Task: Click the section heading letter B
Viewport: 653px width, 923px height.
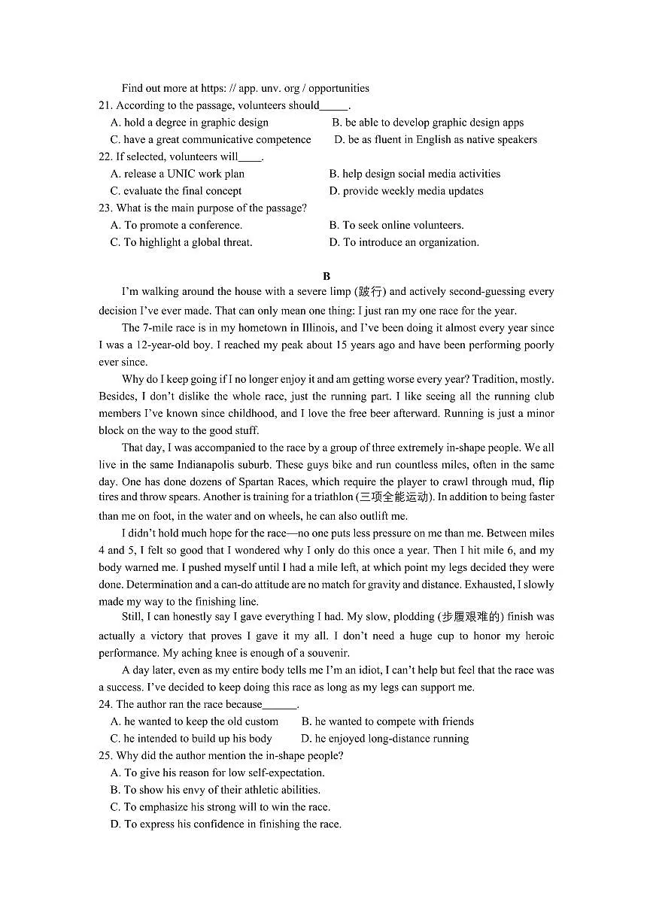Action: click(326, 276)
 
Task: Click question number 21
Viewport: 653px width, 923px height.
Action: click(105, 105)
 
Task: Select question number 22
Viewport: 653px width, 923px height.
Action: click(105, 156)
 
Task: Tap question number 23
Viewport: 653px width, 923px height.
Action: click(105, 208)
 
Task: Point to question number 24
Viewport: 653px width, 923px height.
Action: click(105, 704)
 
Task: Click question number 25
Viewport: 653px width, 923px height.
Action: click(105, 755)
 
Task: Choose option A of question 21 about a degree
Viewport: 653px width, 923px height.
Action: click(190, 123)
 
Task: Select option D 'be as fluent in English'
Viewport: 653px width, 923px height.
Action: click(436, 139)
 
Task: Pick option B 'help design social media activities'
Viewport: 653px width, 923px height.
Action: click(415, 174)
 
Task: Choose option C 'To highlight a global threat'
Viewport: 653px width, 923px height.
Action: click(181, 242)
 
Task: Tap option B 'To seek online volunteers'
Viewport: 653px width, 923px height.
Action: click(396, 225)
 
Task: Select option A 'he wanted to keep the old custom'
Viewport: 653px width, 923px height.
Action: click(194, 721)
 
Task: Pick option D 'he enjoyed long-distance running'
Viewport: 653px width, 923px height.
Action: click(384, 739)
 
